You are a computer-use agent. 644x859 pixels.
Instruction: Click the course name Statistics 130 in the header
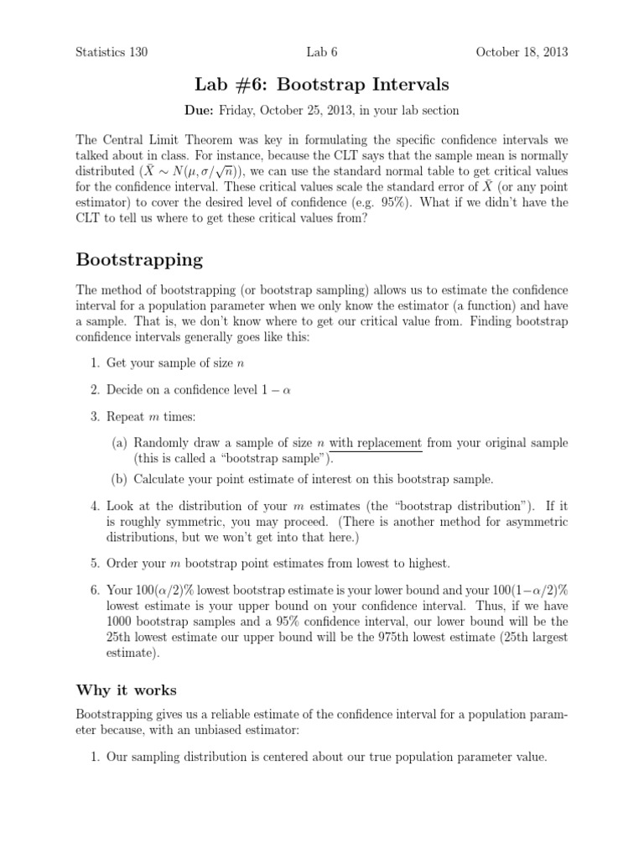click(112, 52)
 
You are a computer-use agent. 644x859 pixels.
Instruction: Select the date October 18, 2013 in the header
click(522, 52)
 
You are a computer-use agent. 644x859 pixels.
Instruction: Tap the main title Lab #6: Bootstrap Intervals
click(321, 85)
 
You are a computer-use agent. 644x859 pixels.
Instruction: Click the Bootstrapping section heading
click(139, 259)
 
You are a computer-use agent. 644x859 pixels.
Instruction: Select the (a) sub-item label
click(120, 443)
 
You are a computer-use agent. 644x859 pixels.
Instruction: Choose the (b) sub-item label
click(120, 480)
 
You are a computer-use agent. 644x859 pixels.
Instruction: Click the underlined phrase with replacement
click(375, 443)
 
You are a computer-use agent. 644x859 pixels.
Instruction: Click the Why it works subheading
click(127, 690)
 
